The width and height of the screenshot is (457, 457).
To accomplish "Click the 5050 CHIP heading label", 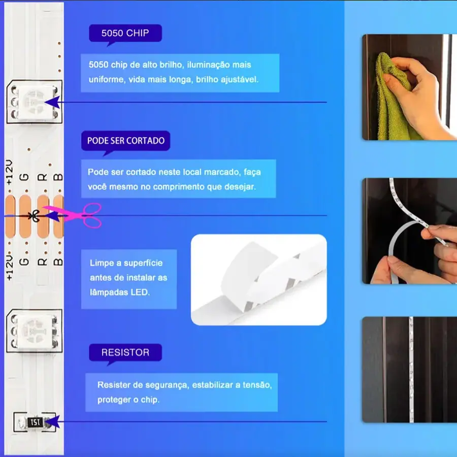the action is coord(125,33).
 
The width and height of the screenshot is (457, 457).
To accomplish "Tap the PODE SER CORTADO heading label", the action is coord(125,141).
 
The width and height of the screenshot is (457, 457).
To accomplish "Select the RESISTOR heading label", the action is coord(125,352).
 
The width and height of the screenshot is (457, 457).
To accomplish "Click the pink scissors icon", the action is coord(78,215).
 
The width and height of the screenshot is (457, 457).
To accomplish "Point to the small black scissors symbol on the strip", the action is coord(34,216).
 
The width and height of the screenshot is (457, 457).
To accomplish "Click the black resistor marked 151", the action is coord(35,422).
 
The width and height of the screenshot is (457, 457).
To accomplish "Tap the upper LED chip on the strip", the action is coord(35,102).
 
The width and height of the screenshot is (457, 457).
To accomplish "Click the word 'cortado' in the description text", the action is coord(141,172).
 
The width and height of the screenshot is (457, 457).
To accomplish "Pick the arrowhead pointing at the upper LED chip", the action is coord(52,102).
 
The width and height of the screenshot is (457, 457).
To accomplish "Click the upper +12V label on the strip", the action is coord(9,172).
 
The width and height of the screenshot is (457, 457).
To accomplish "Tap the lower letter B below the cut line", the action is coord(58,262).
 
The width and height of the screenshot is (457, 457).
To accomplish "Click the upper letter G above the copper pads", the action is coord(24,177).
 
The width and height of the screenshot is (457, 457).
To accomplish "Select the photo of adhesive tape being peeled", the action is coord(259,280).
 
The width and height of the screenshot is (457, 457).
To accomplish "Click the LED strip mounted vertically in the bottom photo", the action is coord(411,370).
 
